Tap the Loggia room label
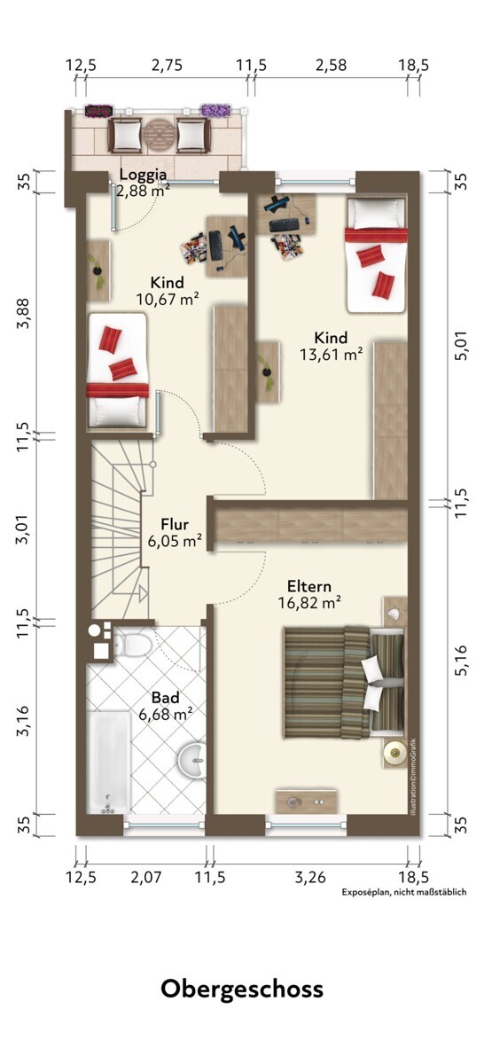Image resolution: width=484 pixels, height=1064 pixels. (x=143, y=175)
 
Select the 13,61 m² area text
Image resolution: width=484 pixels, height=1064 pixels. (x=331, y=354)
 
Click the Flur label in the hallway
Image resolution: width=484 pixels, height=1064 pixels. (x=175, y=524)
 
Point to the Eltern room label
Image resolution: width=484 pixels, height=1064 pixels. (x=309, y=586)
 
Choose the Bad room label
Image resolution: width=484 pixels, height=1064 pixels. (x=165, y=697)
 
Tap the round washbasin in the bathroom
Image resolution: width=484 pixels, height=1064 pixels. (x=191, y=760)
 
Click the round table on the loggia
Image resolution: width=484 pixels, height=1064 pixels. (x=160, y=136)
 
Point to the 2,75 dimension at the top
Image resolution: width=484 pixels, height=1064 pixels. (x=167, y=65)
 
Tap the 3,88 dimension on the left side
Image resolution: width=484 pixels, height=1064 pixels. (x=23, y=313)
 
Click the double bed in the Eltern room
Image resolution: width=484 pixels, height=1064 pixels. (x=344, y=682)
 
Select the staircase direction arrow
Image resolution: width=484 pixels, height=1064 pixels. (x=142, y=593)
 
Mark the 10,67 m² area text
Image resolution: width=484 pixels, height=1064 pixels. (x=167, y=300)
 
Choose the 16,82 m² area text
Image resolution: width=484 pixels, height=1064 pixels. (x=309, y=602)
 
